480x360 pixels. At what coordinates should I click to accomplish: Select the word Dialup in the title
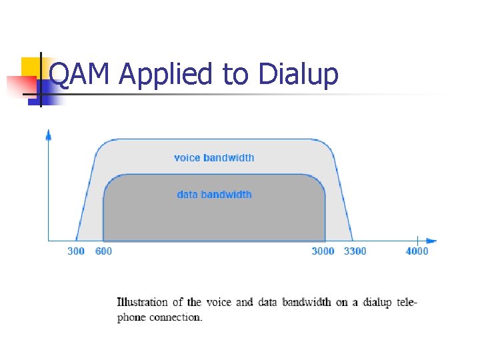298,75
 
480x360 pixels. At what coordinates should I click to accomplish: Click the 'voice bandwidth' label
214,158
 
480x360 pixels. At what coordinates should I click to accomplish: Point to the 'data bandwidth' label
214,195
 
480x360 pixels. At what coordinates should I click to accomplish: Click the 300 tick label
76,251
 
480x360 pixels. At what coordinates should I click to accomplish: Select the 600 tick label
103,251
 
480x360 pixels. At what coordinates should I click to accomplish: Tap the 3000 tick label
323,251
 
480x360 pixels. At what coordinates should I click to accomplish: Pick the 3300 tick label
355,251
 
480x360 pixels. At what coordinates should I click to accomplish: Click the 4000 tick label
417,251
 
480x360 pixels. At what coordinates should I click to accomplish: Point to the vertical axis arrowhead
49,135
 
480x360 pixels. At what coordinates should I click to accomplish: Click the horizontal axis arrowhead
431,240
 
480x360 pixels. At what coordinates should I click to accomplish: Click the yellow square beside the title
32,67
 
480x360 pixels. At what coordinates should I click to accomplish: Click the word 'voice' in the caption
219,302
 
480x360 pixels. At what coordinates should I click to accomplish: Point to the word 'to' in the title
235,75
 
